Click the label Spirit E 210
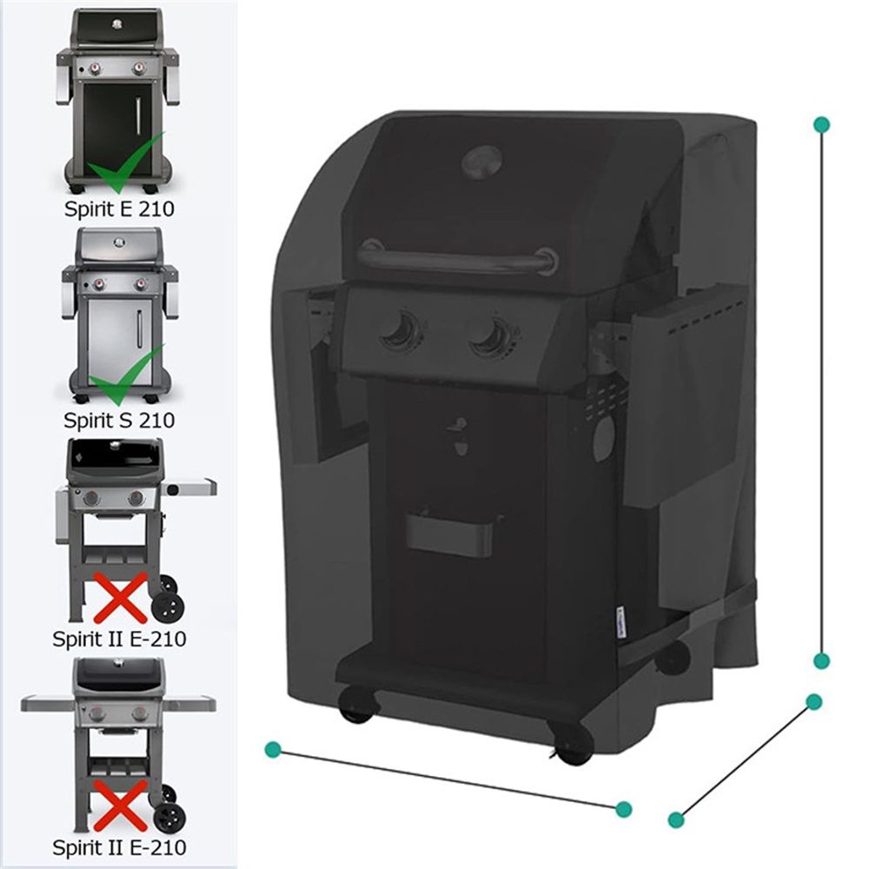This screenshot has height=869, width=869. [x=119, y=209]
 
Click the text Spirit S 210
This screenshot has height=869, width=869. [x=119, y=420]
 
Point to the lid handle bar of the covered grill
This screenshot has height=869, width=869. [x=458, y=259]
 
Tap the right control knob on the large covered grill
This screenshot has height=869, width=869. [x=493, y=335]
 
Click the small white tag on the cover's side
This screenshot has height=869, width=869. [x=622, y=623]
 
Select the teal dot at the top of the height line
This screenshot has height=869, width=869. [x=822, y=124]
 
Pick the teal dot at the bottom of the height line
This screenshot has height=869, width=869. [x=821, y=660]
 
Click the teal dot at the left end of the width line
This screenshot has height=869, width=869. [x=273, y=750]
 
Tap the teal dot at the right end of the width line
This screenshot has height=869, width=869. [x=623, y=809]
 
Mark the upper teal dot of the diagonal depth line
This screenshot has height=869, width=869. [x=813, y=702]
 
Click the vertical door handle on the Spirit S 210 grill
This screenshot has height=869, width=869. [x=139, y=328]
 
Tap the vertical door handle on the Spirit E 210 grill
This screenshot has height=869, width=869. [x=138, y=116]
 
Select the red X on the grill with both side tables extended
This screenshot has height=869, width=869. [x=121, y=806]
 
